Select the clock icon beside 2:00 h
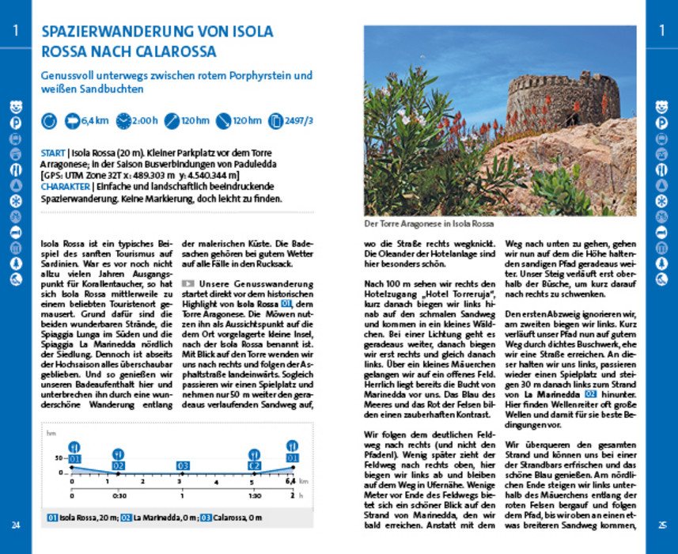click(x=124, y=122)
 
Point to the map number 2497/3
click(x=299, y=122)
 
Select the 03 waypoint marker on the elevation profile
click(x=183, y=465)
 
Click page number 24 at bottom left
click(x=16, y=526)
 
